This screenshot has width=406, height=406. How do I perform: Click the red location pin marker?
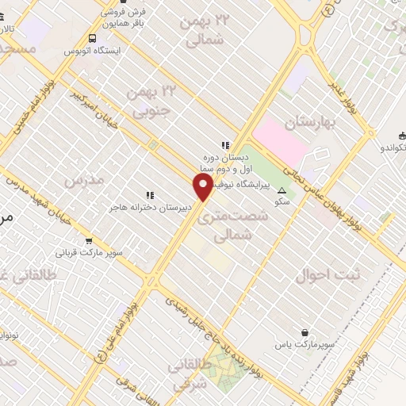click(x=203, y=188)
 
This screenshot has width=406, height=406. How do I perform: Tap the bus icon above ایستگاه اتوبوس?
click(x=94, y=37)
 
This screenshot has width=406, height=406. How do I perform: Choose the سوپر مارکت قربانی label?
click(x=89, y=254)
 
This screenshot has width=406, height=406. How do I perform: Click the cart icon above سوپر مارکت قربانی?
click(x=89, y=241)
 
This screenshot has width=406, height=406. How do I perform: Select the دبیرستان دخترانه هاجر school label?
click(x=147, y=207)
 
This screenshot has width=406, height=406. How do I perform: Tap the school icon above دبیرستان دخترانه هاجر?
click(x=148, y=194)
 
